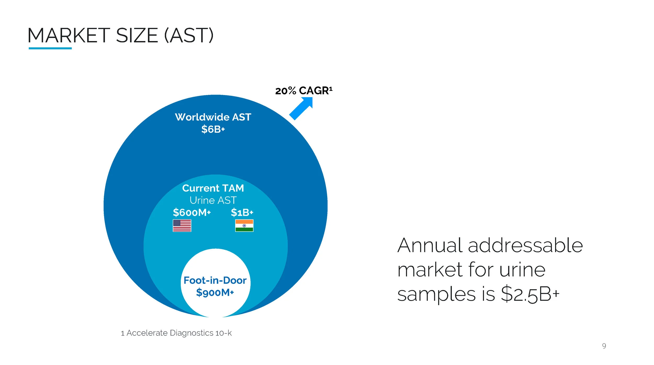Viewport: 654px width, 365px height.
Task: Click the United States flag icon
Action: [x=182, y=225]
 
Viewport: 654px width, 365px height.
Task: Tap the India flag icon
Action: [x=244, y=225]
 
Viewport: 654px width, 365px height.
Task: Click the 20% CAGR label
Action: [x=303, y=91]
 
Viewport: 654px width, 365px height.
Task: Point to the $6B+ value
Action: [x=213, y=129]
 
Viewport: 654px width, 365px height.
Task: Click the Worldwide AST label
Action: [x=213, y=117]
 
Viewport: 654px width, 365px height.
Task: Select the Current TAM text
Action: [x=213, y=188]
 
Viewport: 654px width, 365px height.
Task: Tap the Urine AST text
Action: [x=213, y=200]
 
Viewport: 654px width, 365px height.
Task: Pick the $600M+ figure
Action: [x=192, y=212]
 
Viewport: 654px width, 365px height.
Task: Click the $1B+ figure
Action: [x=242, y=212]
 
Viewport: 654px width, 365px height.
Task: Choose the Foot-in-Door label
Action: [x=215, y=280]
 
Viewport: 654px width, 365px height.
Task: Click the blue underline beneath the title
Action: [x=50, y=48]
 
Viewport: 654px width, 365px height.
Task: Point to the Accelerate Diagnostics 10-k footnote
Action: [x=176, y=333]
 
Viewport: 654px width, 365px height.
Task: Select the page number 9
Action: [x=604, y=346]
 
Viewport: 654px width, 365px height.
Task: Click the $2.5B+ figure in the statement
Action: [x=530, y=294]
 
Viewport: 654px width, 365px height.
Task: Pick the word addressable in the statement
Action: [x=525, y=246]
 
